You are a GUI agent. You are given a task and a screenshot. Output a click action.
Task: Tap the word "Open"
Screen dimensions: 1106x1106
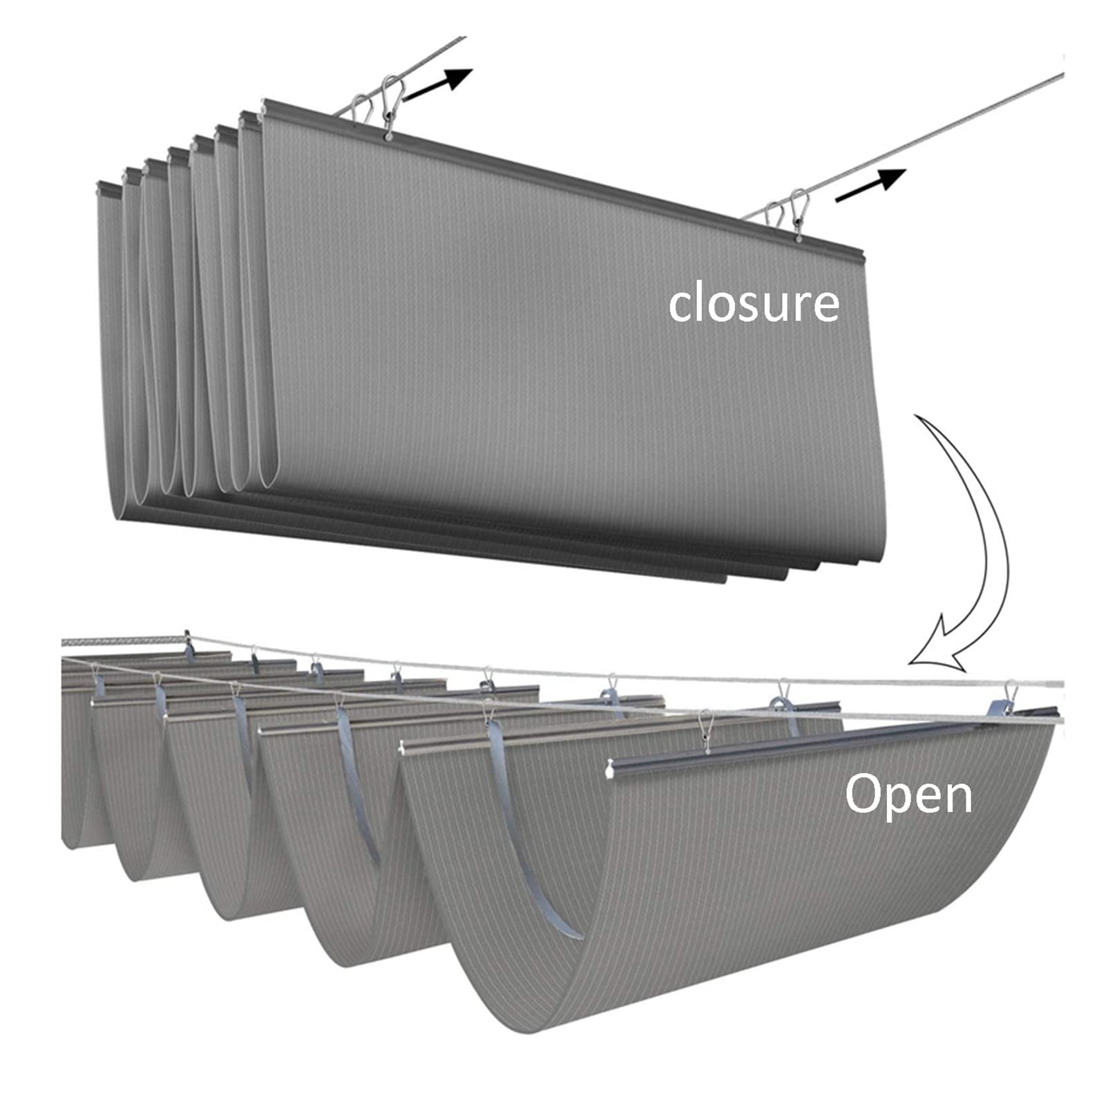click(908, 794)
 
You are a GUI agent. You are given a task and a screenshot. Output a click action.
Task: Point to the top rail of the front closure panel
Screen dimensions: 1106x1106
click(553, 173)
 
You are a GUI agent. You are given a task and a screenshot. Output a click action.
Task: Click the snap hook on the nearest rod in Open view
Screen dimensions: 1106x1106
click(705, 729)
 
